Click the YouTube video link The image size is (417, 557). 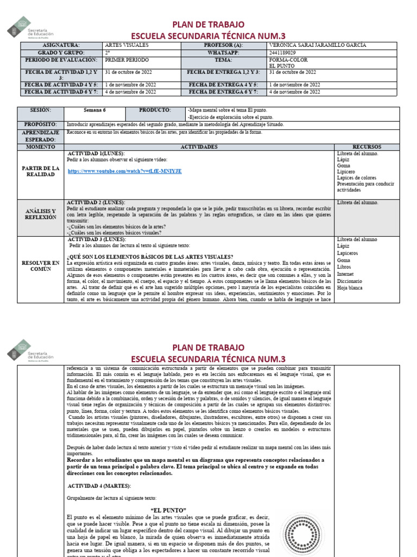tap(124, 171)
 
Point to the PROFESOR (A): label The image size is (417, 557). tap(223, 45)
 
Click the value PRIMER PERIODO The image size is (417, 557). tap(126, 60)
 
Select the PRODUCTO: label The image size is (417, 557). tap(155, 110)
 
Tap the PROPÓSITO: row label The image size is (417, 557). tap(40, 125)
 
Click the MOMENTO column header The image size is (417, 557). tap(40, 147)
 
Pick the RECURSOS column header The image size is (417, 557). tap(367, 147)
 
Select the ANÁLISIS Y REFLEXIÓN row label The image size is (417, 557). tap(40, 214)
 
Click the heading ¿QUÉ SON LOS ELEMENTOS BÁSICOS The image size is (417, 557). tap(150, 257)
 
